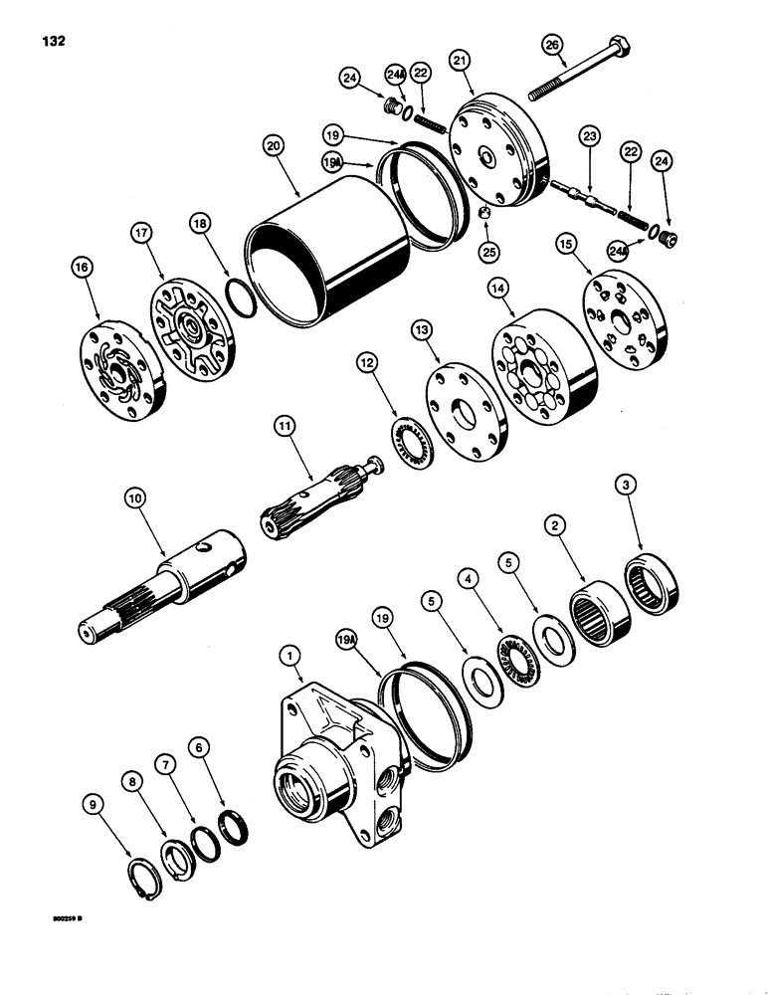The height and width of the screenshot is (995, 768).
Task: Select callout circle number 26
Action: click(552, 45)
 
